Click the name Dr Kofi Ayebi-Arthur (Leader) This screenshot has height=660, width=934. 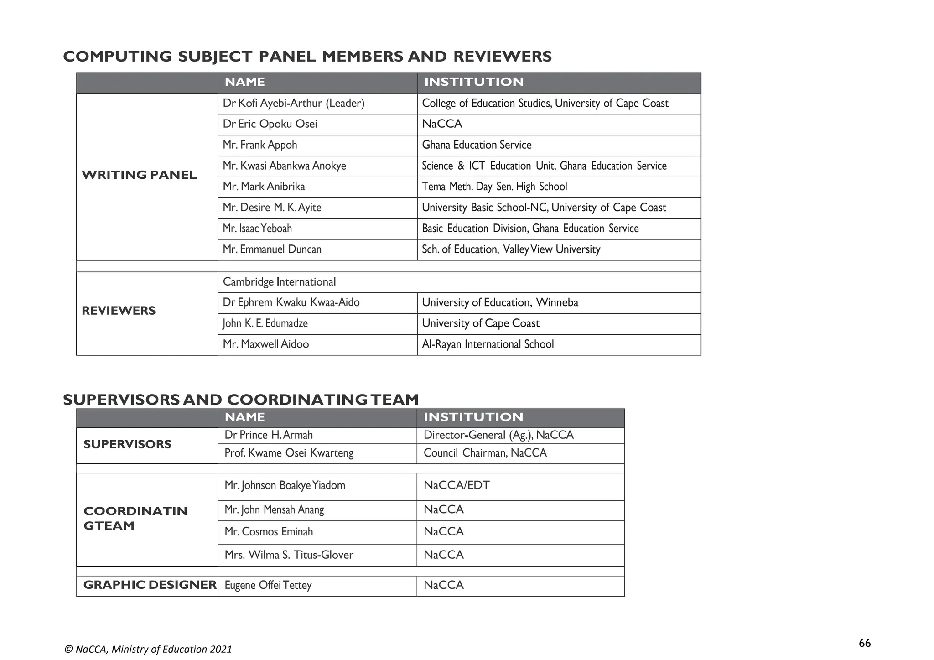point(293,104)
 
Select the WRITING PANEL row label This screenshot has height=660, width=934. point(139,175)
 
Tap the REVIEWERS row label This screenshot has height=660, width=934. point(119,311)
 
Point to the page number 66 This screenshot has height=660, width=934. point(864,643)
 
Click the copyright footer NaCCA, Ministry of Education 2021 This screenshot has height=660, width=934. point(148,649)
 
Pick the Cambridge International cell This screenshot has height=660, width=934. point(279,282)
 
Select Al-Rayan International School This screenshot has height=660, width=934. point(488,344)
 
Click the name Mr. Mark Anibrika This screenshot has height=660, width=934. point(264,187)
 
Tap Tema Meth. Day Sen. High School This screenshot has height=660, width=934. point(494,187)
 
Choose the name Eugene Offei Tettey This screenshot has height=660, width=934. point(268,585)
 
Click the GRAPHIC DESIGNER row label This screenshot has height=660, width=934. point(150,585)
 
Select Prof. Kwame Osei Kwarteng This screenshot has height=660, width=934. point(289,453)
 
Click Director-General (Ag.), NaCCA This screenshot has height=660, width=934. point(498,435)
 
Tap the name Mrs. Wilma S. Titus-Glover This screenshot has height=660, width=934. point(289,555)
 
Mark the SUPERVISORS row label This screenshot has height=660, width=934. point(127,444)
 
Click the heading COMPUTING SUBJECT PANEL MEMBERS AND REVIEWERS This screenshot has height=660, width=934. point(307,57)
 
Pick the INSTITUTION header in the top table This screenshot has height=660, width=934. point(474,82)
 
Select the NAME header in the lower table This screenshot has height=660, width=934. point(244,417)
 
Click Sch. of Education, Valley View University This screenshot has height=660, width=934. point(511,249)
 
